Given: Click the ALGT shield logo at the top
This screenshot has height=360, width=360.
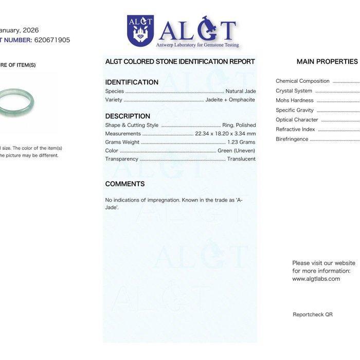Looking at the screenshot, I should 140,31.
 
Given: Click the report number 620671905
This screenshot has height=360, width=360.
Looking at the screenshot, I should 52,40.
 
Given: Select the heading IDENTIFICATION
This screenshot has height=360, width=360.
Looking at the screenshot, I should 132,82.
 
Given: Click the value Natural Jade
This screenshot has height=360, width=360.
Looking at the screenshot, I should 241,91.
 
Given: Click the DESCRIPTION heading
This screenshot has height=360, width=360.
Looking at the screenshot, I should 128,116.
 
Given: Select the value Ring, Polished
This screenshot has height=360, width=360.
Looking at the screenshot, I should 239,125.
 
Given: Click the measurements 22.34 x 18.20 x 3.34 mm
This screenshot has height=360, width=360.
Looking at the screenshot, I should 225,134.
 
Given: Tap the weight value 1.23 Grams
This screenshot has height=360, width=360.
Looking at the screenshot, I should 241,142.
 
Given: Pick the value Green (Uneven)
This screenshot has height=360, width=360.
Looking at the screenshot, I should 236,151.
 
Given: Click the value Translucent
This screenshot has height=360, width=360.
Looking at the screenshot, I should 241,159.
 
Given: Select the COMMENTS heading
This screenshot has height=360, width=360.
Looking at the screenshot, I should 125,184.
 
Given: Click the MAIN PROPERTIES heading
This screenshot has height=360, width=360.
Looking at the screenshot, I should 327,62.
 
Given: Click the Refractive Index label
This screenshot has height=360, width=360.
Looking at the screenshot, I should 295,130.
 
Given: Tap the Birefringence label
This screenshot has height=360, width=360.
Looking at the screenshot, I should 292,139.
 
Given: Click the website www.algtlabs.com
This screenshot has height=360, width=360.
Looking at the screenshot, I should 316,279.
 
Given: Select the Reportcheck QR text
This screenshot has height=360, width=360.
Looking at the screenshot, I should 313,314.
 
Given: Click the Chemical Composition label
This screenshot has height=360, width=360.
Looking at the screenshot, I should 302,81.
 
